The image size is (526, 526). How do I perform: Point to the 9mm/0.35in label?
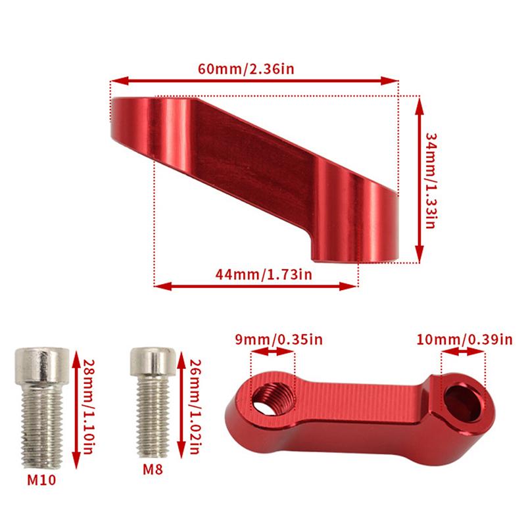tap(274, 339)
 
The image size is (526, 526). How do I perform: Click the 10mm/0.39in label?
tap(464, 339)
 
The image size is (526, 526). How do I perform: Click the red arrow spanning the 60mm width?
tap(254, 80)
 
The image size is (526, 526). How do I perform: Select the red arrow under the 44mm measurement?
tap(256, 285)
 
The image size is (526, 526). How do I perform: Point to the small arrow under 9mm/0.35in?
tap(274, 352)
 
